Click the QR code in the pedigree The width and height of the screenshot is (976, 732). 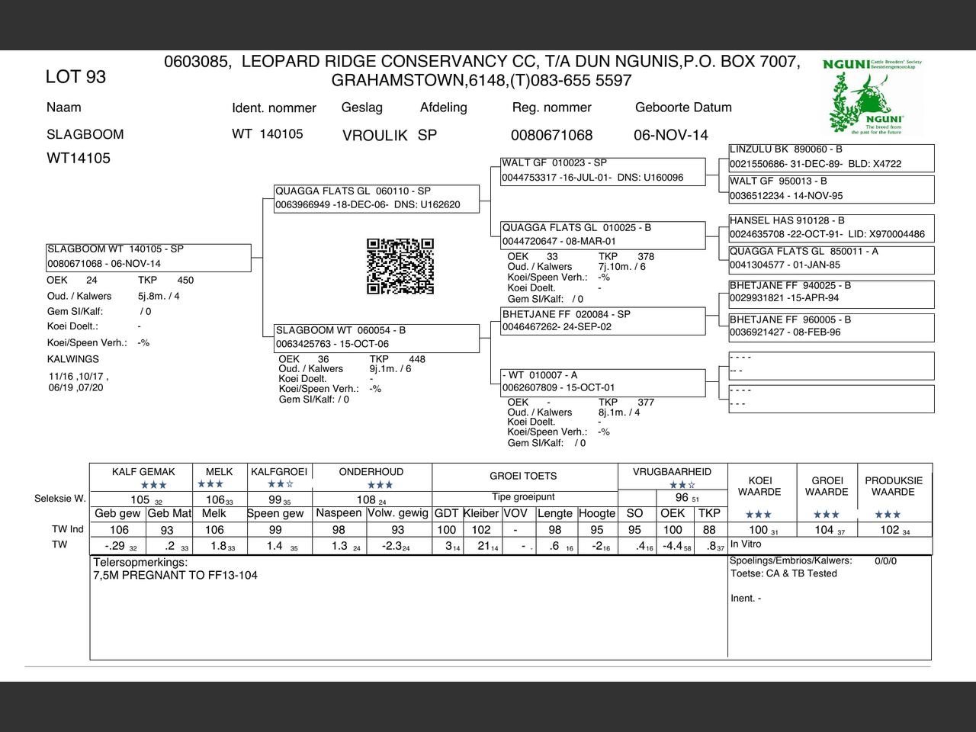400,266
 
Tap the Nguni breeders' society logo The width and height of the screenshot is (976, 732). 874,96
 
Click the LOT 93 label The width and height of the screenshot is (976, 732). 75,77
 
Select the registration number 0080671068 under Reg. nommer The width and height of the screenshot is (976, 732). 551,136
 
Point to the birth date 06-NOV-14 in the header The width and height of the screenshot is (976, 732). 670,136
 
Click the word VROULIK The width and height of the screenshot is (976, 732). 374,136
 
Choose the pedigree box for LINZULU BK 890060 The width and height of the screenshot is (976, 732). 830,157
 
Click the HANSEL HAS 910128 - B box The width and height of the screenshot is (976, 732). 830,227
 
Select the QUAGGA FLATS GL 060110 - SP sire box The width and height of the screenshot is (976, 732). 377,198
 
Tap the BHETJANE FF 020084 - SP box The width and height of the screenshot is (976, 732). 602,320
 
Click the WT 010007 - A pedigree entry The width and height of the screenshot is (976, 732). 602,381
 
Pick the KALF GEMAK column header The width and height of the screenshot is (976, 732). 143,472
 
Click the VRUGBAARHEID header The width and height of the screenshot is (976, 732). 672,472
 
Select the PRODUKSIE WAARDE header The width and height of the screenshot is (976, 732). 893,486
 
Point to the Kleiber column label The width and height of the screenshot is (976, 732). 481,513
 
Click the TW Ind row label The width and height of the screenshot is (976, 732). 68,529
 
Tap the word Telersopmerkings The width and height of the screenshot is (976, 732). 140,563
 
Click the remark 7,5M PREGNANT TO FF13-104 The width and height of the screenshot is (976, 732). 175,576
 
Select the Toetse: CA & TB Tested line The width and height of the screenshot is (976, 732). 784,573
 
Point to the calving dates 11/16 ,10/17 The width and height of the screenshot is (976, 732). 79,377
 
